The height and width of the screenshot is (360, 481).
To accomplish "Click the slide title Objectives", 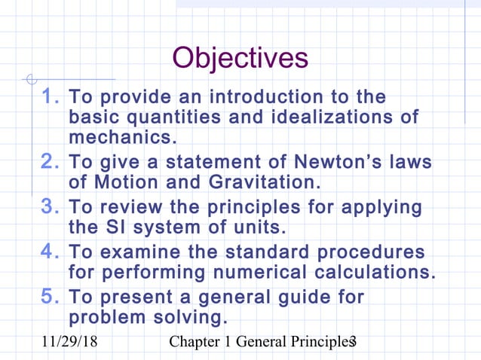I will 240,57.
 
